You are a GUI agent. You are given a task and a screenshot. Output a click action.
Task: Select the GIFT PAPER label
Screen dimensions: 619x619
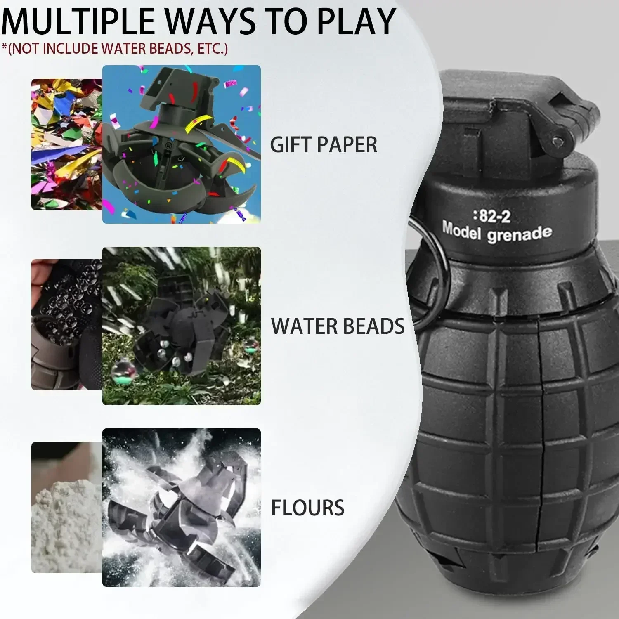pos(324,144)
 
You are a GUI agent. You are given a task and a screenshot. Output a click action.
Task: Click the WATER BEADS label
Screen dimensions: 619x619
pos(338,326)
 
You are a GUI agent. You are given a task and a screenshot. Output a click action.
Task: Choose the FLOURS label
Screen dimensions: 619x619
pos(307,508)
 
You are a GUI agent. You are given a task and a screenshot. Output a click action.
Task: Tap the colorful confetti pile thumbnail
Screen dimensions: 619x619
pos(66,144)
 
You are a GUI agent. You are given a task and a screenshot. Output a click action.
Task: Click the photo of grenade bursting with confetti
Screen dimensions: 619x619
pos(182,144)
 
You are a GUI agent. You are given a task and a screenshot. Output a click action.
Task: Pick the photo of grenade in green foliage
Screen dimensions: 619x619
pos(182,326)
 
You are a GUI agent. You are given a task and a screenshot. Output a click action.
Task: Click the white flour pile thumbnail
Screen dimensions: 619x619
pos(66,508)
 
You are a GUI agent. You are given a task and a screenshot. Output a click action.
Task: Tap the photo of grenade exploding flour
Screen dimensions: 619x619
pos(182,508)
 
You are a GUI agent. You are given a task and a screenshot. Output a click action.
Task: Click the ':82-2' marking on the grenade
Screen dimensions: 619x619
pos(491,216)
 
